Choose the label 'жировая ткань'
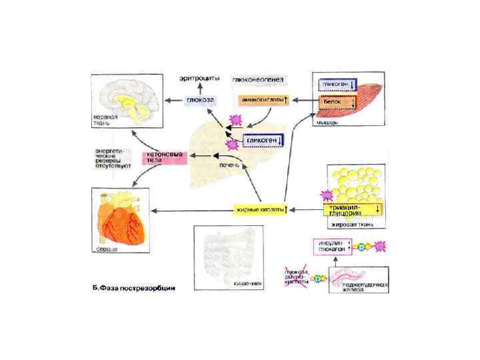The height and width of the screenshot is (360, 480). click(351, 225)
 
